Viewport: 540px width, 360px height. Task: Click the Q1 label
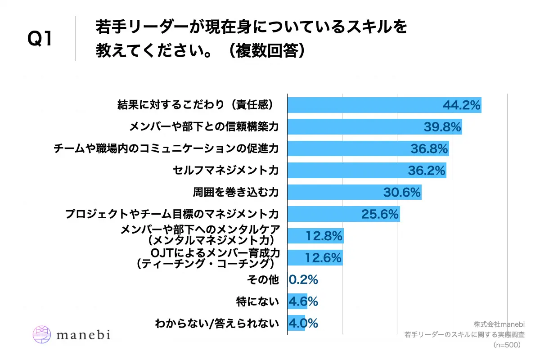[40, 39]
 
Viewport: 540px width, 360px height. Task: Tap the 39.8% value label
[442, 127]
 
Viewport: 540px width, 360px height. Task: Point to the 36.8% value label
[429, 149]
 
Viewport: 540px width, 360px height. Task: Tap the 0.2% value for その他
[304, 279]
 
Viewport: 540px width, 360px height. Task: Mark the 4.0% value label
[304, 323]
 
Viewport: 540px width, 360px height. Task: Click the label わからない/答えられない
[216, 323]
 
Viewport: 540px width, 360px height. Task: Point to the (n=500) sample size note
[507, 345]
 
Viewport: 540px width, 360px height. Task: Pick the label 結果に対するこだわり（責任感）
[196, 105]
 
